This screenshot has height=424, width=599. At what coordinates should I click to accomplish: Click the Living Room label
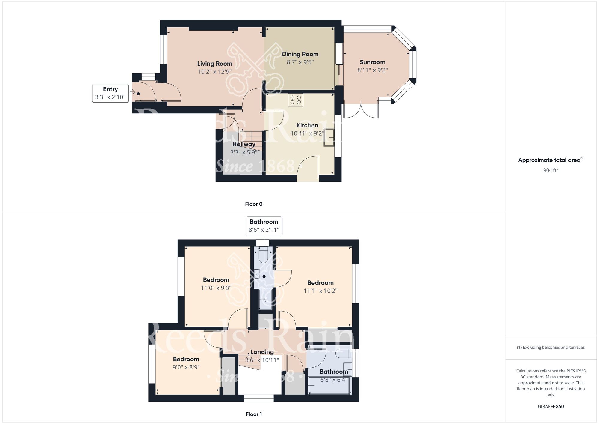pos(215,64)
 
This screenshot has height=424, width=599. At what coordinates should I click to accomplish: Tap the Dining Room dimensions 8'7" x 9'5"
pos(300,62)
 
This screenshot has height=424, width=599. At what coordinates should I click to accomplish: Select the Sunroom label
pos(372,62)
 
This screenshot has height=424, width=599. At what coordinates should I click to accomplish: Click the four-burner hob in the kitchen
pos(296,100)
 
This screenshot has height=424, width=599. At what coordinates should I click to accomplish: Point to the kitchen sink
pos(329,137)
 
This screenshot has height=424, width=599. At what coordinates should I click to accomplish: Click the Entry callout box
pos(110,93)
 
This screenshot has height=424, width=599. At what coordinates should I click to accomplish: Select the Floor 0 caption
pos(254,204)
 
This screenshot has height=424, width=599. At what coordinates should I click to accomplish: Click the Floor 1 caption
pos(254,414)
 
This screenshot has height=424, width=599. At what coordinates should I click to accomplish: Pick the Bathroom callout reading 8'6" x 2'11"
pos(264,226)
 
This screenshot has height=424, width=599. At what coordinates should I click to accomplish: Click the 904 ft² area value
pos(551,170)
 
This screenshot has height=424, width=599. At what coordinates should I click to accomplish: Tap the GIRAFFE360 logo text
pos(551,407)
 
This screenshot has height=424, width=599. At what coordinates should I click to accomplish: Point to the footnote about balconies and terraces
pos(551,347)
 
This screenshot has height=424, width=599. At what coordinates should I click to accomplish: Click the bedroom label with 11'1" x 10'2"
pos(320,283)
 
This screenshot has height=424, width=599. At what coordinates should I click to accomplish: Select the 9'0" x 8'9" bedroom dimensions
pos(186,367)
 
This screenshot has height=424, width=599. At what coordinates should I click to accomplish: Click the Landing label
pos(262,352)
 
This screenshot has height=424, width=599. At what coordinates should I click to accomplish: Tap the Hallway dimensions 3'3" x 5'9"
pos(243,152)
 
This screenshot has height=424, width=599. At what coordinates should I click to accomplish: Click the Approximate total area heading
pos(551,160)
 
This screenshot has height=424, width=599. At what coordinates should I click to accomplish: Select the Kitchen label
pos(307,125)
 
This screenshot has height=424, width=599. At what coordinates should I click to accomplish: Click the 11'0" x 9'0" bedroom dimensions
pos(216,288)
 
